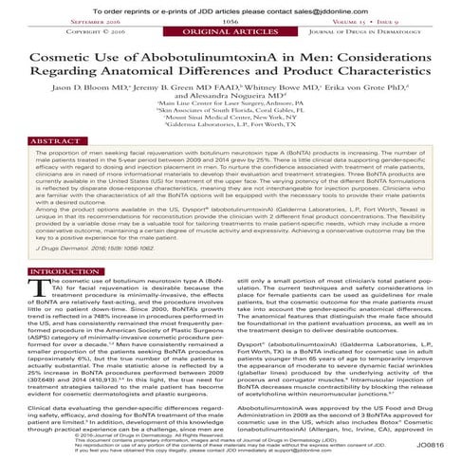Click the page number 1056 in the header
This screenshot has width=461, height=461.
230,20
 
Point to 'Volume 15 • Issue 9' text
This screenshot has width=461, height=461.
408,20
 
